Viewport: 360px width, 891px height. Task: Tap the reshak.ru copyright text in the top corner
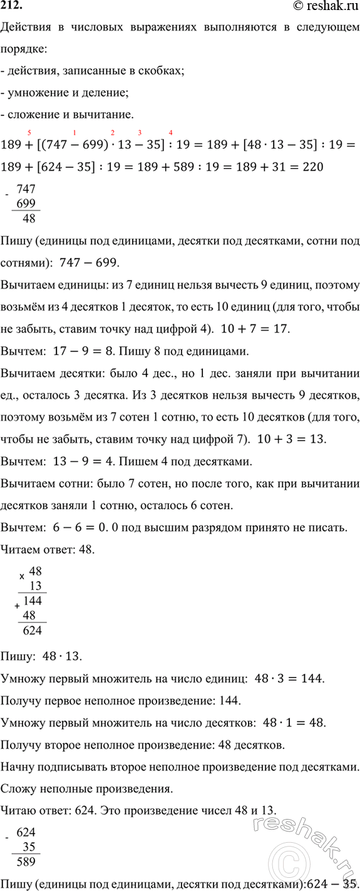[x=324, y=6]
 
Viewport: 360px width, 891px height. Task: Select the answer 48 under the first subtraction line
[x=28, y=219]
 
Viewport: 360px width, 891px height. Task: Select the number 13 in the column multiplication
[x=35, y=585]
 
